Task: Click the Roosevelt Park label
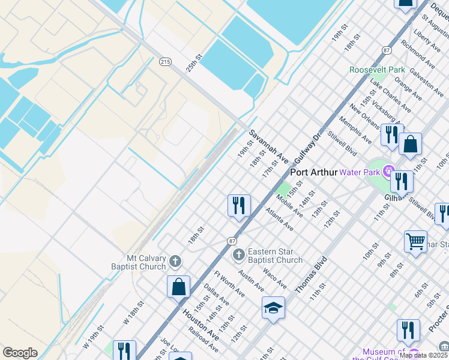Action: coord(378,70)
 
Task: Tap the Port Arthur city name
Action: coord(314,172)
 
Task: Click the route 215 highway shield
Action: coord(166,61)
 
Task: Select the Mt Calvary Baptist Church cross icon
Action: coord(175,260)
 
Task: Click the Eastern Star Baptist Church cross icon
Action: coord(238,255)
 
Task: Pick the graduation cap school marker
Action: coord(273,308)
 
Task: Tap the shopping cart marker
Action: coord(415,241)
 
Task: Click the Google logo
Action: coord(20,353)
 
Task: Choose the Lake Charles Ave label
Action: coord(391,95)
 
